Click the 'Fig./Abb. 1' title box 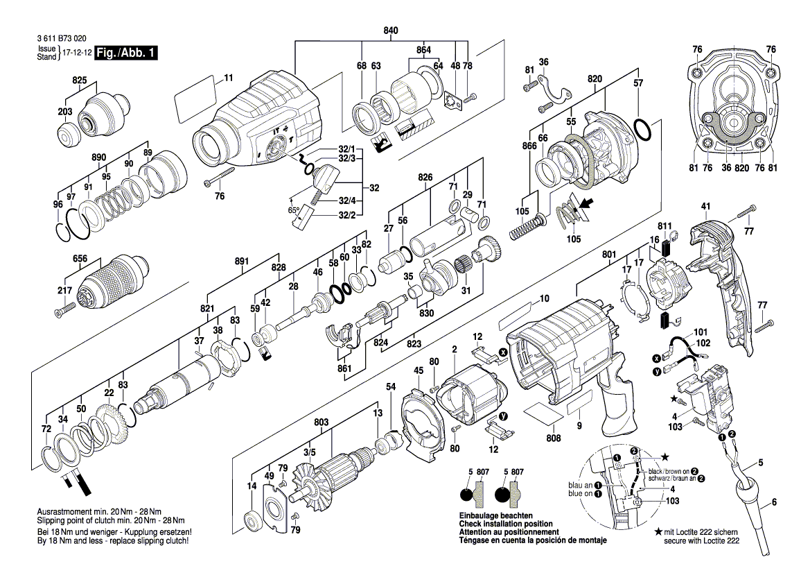pos(127,53)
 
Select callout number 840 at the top pos(391,31)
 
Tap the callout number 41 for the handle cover pos(706,207)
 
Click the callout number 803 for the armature pos(321,422)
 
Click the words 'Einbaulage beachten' pos(495,516)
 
